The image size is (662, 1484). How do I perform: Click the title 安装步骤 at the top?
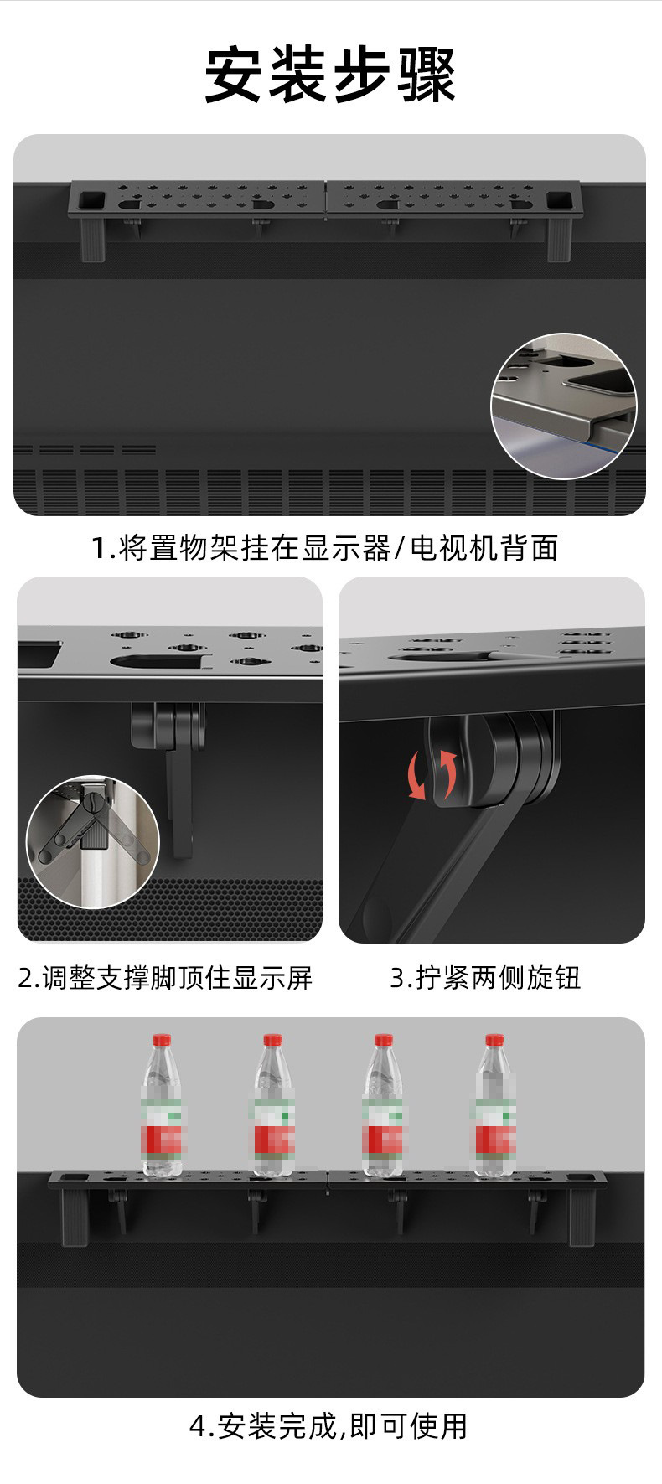click(331, 76)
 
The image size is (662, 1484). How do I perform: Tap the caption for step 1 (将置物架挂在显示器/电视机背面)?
click(324, 548)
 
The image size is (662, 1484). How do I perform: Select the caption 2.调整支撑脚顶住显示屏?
click(165, 977)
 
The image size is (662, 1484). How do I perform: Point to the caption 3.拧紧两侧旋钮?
click(485, 977)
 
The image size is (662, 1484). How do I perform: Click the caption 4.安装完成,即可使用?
click(328, 1425)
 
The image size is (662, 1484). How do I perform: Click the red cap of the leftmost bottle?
click(161, 1040)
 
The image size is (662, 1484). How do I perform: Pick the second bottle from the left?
click(273, 1105)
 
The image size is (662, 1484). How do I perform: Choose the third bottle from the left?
click(383, 1105)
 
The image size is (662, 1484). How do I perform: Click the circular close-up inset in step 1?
click(563, 406)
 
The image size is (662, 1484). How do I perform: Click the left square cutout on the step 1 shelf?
click(90, 200)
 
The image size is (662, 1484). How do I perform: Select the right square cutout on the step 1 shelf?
click(557, 200)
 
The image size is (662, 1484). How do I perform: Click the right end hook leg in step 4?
click(581, 1216)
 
